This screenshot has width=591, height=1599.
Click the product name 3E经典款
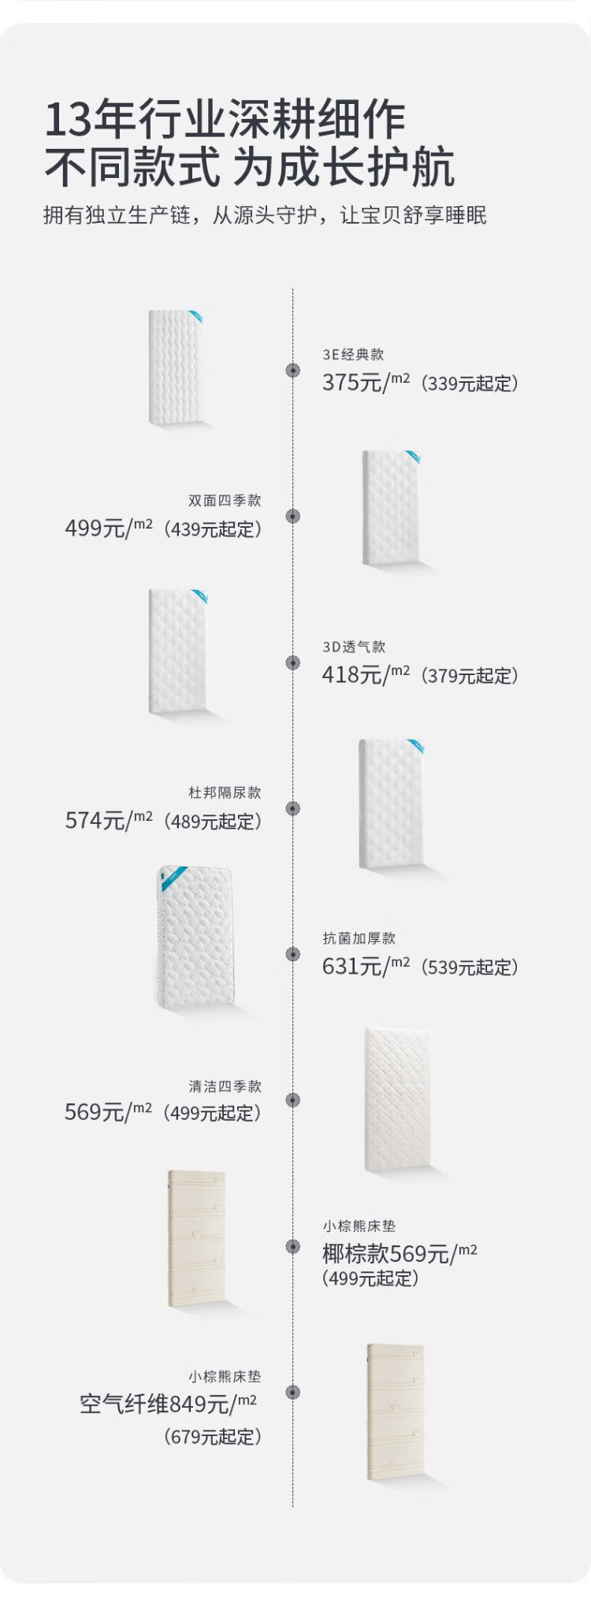point(353,355)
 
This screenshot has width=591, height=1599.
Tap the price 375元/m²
point(366,383)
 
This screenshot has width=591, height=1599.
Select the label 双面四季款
point(225,500)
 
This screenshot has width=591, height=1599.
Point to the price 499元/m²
point(109,528)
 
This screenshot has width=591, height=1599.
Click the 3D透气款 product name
point(354,647)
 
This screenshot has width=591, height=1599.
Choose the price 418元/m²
point(366,674)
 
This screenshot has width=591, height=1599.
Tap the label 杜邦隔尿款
point(225,792)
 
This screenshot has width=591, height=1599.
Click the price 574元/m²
point(109,820)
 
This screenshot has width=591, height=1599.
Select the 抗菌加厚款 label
point(359,938)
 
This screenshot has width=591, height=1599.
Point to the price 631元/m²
point(366,966)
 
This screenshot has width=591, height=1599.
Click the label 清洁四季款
point(225,1086)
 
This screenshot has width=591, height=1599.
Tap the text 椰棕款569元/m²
point(400,1253)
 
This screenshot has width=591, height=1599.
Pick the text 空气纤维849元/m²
point(169,1404)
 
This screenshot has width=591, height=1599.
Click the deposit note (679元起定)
point(213,1437)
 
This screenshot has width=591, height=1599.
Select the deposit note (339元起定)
point(470,384)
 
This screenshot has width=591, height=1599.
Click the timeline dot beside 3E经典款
point(293,370)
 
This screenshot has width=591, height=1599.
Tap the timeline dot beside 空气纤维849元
point(293,1392)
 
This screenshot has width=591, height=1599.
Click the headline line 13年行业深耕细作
point(225,120)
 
